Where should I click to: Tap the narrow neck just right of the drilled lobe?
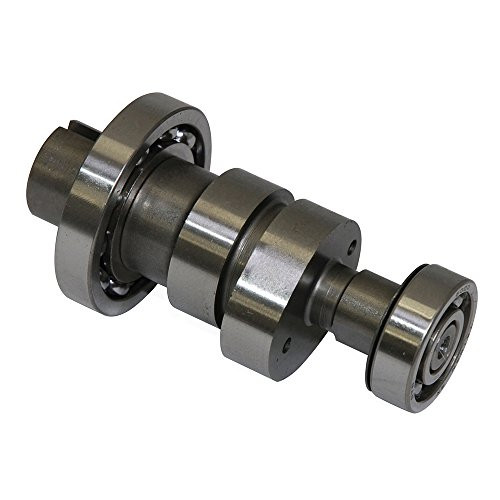point(340,300)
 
